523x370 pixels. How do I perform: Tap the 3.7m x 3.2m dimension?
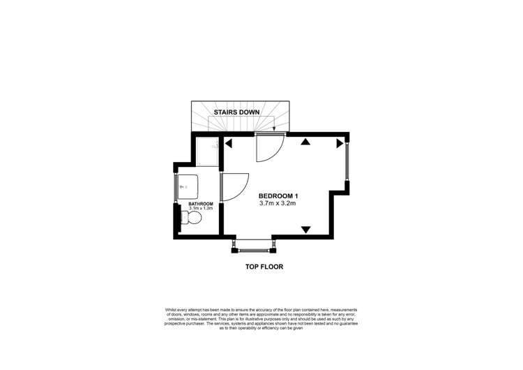pyautogui.click(x=278, y=204)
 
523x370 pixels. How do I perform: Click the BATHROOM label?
pyautogui.click(x=200, y=203)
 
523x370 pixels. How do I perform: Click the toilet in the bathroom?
pyautogui.click(x=192, y=219)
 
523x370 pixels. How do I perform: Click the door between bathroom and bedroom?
pyautogui.click(x=234, y=186)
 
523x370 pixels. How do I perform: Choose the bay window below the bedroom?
pyautogui.click(x=255, y=245)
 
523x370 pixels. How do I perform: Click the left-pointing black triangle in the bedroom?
pyautogui.click(x=228, y=144)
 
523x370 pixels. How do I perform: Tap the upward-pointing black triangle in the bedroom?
pyautogui.click(x=305, y=142)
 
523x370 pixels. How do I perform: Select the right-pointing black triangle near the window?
pyautogui.click(x=340, y=144)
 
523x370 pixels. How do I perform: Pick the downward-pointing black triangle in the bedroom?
pyautogui.click(x=305, y=229)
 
